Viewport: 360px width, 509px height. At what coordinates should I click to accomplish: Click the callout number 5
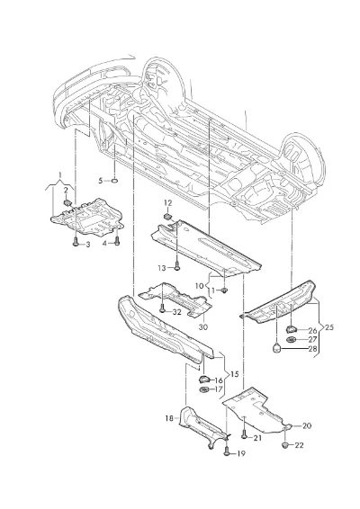pos(101,180)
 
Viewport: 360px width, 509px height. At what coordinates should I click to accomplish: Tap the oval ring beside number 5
pos(114,180)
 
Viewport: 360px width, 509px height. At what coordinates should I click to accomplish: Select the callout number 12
pos(167,203)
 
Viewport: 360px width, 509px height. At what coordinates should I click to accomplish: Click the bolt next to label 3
pos(76,242)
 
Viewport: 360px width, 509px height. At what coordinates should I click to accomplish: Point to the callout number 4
pos(105,243)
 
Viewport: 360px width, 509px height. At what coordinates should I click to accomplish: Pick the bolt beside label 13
pos(176,266)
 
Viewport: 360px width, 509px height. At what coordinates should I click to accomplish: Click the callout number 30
pos(202,326)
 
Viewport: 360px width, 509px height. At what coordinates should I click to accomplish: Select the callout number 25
pos(329,327)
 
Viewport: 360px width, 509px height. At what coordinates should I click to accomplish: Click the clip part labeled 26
pos(292,329)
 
